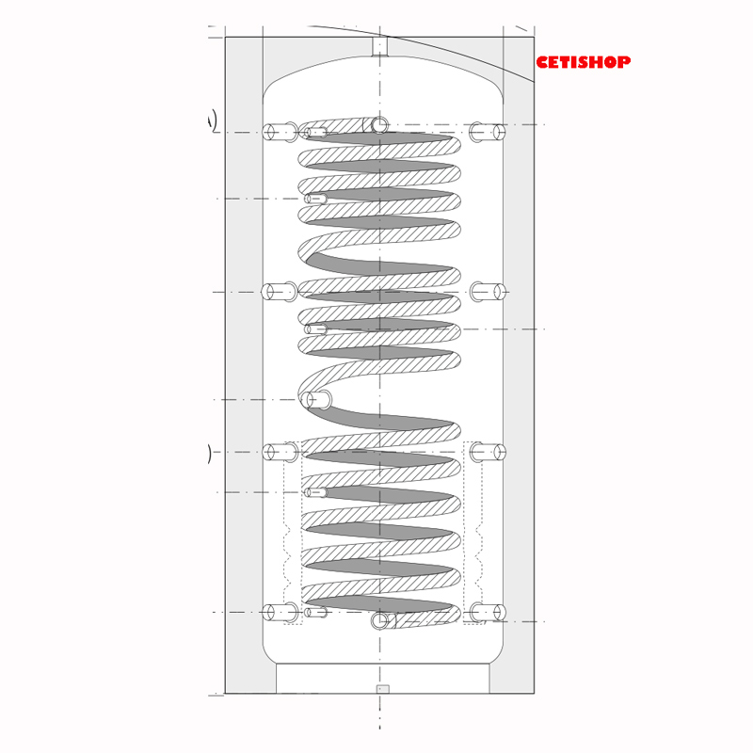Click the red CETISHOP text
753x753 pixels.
click(583, 62)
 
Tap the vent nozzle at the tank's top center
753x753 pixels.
click(379, 47)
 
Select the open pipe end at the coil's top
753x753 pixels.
click(379, 125)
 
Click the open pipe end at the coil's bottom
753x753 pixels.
click(380, 620)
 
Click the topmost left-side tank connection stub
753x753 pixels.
click(280, 132)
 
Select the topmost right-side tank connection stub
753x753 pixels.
click(487, 132)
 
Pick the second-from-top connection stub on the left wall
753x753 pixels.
click(280, 292)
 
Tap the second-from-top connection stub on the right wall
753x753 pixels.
click(488, 292)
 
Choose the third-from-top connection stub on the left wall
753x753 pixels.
click(280, 452)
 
